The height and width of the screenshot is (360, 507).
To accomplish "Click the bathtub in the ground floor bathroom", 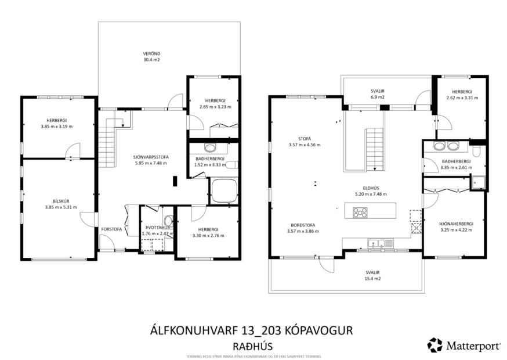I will pos(223,191).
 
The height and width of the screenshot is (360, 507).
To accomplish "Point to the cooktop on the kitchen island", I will pos(360,212).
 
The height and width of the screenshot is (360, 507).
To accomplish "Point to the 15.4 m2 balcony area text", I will pos(372,279).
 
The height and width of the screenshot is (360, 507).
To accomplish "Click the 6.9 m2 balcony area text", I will pos(378,98).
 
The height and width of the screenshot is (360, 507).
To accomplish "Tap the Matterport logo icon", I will pos(434,345).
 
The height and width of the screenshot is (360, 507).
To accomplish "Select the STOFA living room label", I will pos(303,139).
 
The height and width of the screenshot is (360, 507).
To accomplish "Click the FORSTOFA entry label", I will pos(111,229).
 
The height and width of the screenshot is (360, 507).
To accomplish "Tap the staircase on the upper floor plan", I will pos(374,149).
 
